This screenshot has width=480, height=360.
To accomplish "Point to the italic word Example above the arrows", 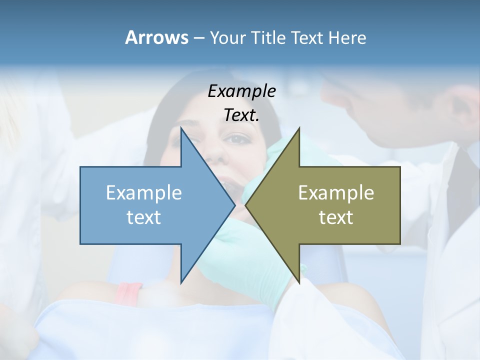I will [242, 91].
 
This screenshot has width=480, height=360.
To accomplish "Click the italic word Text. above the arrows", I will [242, 115].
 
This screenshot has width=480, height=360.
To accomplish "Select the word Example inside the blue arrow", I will [144, 192].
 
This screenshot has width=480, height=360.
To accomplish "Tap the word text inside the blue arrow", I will [144, 217].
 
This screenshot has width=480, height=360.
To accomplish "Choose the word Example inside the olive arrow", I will [336, 192].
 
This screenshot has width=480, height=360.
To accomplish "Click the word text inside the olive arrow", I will [336, 217].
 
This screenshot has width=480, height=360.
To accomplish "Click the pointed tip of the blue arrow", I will [234, 205].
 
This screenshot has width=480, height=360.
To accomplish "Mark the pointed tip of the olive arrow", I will [245, 205].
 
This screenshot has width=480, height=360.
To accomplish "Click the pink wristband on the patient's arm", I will [128, 292].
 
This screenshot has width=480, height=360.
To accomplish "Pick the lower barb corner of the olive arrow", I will [299, 283].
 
